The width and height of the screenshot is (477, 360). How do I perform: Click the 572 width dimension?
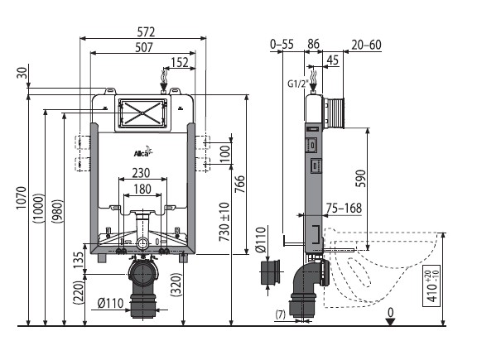point(146,31)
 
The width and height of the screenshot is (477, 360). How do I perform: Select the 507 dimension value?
point(144,47)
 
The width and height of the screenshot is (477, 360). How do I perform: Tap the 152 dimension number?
point(180,62)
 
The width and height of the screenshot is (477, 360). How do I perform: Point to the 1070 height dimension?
point(22,197)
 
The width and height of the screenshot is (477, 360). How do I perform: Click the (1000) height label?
point(39,208)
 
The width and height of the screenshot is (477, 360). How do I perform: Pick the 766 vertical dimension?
point(239,184)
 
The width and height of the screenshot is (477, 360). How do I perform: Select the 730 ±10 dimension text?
point(224,222)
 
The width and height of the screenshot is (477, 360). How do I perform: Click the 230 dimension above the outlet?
point(141,173)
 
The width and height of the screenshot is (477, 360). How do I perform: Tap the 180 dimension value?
point(142,190)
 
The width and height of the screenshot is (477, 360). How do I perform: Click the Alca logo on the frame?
point(142,152)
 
